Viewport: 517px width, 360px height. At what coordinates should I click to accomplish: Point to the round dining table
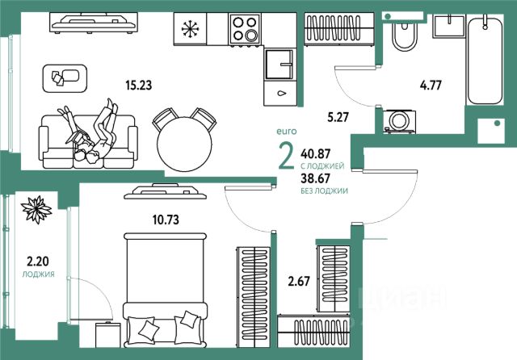184,140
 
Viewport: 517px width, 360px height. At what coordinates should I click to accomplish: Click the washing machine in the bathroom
399,121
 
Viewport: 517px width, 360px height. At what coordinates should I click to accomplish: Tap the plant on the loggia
37,211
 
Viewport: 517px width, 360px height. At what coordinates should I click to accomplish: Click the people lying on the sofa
91,131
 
